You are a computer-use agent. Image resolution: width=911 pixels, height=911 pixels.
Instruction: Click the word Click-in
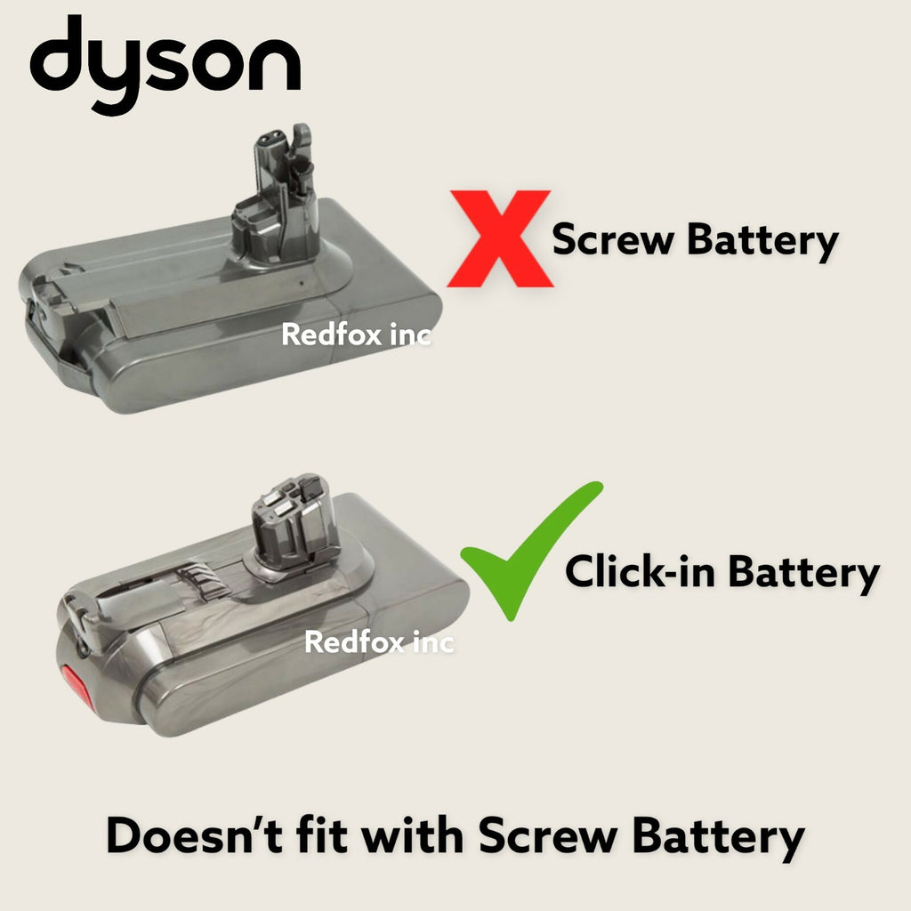pyautogui.click(x=641, y=572)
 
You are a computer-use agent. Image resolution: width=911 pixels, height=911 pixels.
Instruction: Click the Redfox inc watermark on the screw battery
pyautogui.click(x=356, y=335)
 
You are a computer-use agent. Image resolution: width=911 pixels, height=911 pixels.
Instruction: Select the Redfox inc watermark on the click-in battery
pyautogui.click(x=379, y=641)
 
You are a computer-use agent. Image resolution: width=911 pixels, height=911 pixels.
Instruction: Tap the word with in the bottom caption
pyautogui.click(x=419, y=837)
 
